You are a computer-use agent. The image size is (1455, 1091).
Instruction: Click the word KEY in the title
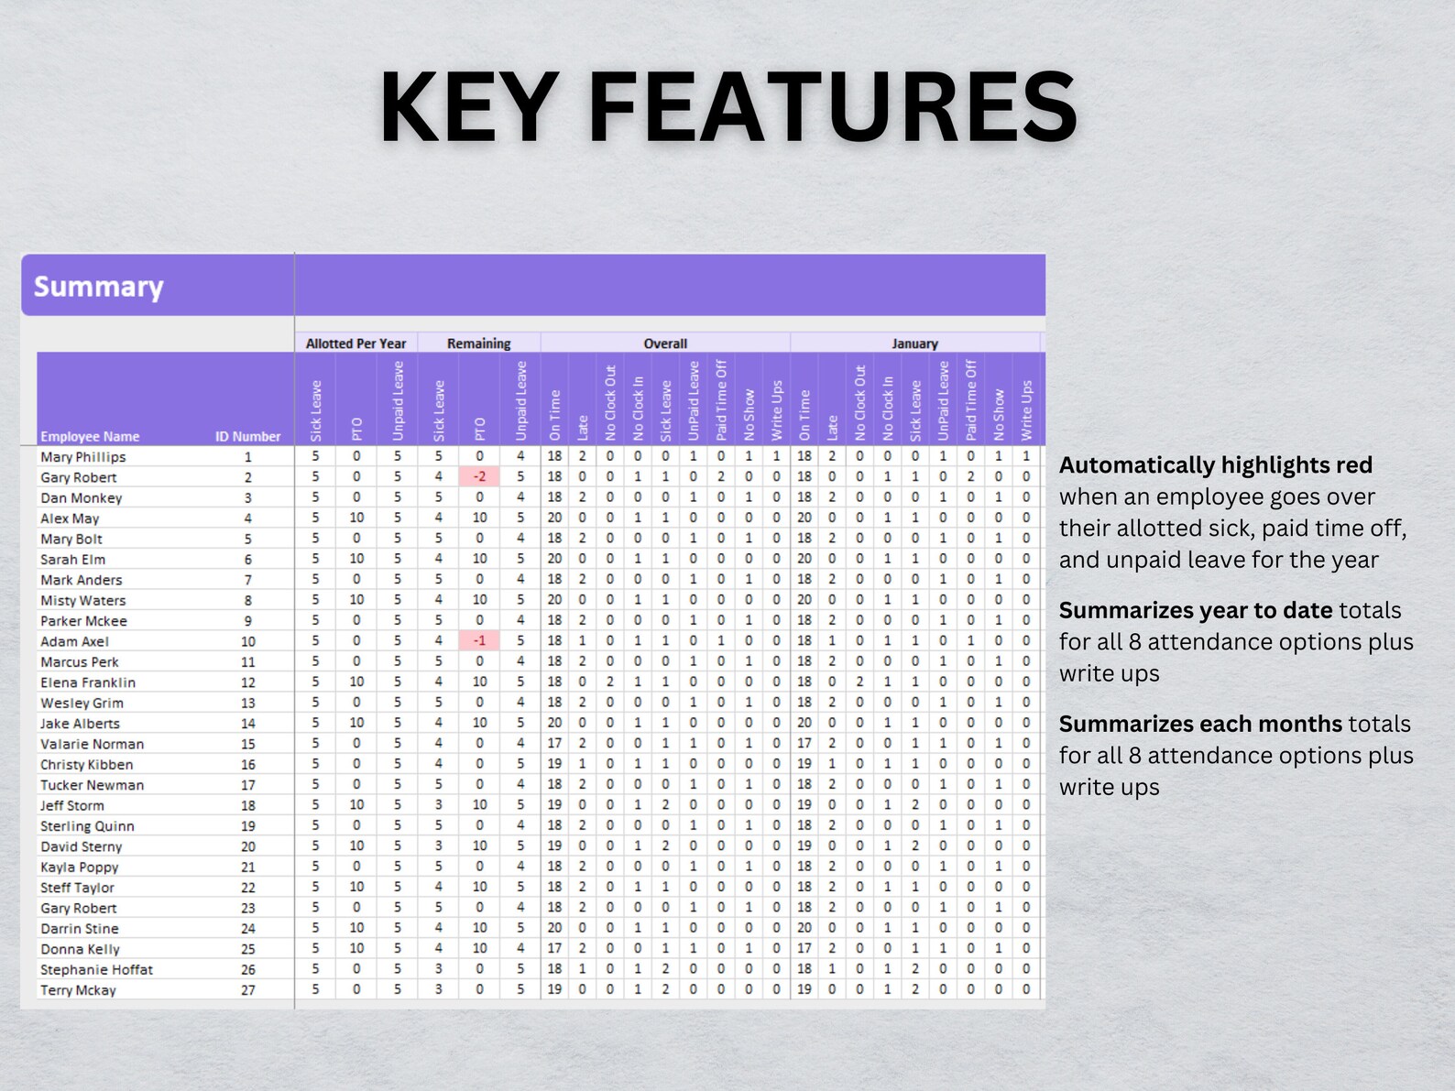tap(467, 107)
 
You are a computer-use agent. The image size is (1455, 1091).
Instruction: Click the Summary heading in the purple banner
tap(99, 287)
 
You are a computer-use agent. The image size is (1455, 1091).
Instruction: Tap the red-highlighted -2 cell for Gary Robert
tap(479, 476)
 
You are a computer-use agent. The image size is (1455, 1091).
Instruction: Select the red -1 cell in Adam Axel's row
tap(479, 641)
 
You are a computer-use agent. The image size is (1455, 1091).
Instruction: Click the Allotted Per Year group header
tap(356, 344)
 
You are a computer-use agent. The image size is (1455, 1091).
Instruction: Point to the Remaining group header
tap(478, 344)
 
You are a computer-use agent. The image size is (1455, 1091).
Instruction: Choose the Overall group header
tap(665, 344)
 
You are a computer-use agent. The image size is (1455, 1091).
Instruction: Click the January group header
tap(914, 344)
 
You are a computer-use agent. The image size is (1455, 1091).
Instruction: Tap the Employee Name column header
tap(90, 436)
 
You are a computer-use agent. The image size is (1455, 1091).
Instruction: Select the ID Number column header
tap(247, 436)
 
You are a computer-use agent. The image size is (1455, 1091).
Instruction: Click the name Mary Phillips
tap(82, 456)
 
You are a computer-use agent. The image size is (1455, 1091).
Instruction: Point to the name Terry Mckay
tap(78, 989)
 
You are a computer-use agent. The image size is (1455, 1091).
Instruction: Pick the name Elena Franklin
tap(87, 682)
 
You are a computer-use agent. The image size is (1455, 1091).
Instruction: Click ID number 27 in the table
tap(248, 989)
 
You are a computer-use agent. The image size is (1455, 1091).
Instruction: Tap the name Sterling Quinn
tap(86, 825)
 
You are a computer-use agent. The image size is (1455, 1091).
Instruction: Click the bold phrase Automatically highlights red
tap(1215, 465)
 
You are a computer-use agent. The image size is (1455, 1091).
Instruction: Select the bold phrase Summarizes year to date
tap(1195, 610)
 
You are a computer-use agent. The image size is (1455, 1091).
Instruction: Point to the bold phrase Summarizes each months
tap(1200, 724)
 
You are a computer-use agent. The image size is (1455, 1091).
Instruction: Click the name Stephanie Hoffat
tap(96, 969)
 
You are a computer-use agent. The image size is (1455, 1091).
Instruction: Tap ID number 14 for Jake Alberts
tap(248, 724)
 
